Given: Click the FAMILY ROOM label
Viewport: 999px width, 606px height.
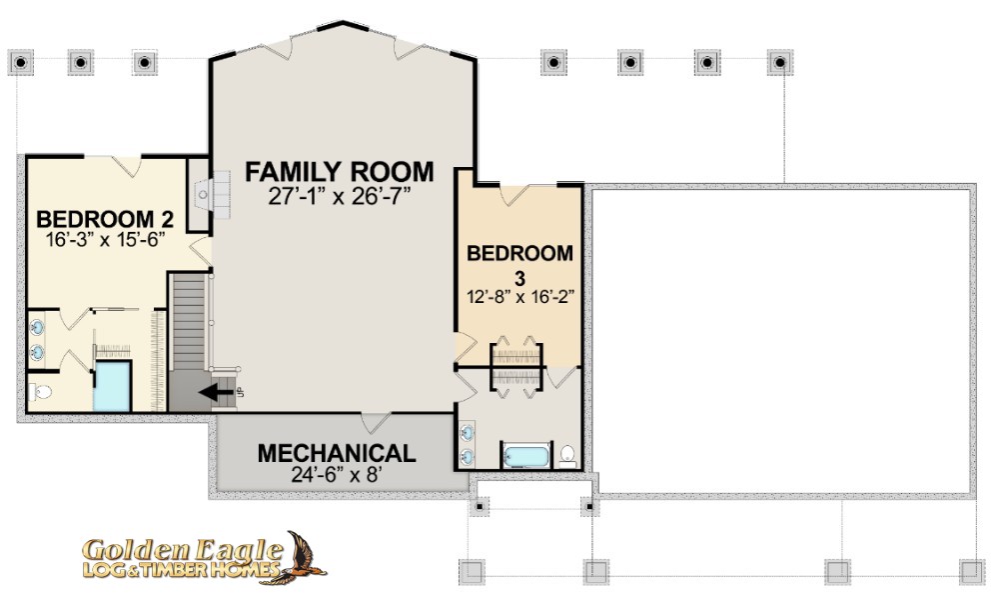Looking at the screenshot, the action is (x=339, y=172).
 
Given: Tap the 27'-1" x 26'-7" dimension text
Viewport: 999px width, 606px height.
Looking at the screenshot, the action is (x=339, y=196).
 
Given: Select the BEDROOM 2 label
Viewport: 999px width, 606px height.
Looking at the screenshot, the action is (x=105, y=219).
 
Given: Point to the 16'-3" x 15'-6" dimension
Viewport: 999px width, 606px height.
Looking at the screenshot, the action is (x=106, y=240).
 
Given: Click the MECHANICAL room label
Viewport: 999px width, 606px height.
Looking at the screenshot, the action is (x=337, y=453).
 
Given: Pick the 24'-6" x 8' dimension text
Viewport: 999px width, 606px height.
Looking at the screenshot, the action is (x=337, y=475).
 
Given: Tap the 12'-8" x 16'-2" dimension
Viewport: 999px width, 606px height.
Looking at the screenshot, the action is (x=520, y=297).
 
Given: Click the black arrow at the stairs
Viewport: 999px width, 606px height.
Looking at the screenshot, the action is (x=216, y=392).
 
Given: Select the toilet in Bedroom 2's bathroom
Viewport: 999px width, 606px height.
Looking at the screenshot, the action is (x=40, y=392).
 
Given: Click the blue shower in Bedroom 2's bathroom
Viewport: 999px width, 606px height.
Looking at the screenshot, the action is (x=112, y=387).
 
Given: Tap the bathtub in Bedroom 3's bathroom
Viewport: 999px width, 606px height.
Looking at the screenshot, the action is (x=526, y=457).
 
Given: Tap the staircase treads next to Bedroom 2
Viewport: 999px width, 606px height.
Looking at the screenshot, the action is (x=189, y=322).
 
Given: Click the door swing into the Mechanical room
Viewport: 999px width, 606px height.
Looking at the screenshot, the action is (x=376, y=423).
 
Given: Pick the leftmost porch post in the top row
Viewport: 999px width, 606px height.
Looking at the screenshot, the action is (x=21, y=63).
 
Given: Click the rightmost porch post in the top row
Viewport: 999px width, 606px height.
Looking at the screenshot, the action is (x=780, y=63).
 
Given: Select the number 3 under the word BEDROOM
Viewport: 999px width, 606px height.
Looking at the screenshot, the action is (x=520, y=278).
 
